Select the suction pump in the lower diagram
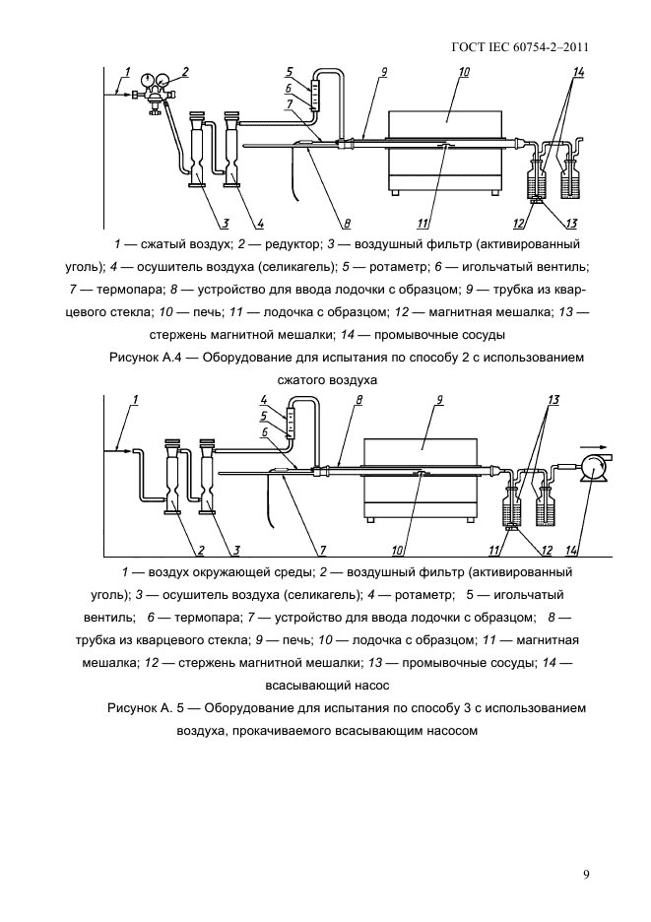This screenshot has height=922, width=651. coord(595,464)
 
